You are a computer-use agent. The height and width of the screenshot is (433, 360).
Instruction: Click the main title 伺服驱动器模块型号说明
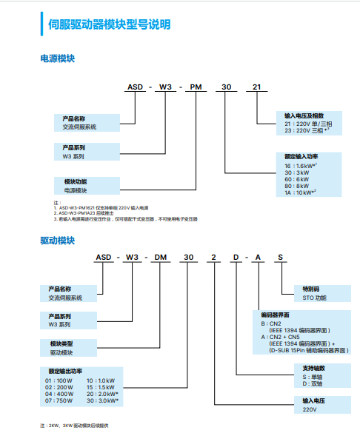tap(109, 25)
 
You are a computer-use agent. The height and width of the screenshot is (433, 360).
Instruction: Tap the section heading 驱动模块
tap(57, 240)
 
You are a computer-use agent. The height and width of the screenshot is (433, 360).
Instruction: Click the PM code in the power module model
tap(195, 87)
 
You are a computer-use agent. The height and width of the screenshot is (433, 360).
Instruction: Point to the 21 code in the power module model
tap(257, 87)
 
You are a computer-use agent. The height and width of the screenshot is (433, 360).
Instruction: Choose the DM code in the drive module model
tap(160, 256)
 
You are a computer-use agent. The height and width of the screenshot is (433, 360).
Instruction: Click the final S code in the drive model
tap(280, 256)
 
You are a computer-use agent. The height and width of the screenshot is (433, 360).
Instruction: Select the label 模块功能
tap(76, 181)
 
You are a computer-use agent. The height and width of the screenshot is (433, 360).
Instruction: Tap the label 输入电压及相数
tap(304, 115)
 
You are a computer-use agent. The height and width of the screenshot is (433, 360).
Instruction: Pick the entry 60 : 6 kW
tap(297, 179)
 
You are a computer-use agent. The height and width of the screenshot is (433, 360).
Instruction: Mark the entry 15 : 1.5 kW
tap(101, 386)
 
